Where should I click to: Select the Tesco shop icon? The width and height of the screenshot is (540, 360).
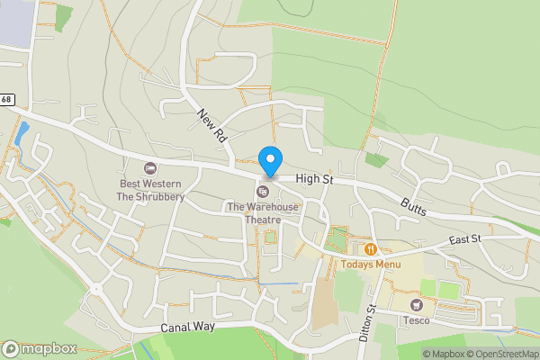click(416, 305)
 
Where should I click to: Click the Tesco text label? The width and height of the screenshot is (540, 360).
click(416, 320)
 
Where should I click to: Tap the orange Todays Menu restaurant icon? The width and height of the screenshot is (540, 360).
click(370, 248)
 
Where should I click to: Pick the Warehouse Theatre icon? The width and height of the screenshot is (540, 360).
click(263, 192)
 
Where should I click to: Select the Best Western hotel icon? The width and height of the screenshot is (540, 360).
click(150, 168)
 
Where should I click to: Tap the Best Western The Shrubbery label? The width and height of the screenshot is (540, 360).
click(151, 190)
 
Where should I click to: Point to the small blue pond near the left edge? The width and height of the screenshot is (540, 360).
click(21, 136)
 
